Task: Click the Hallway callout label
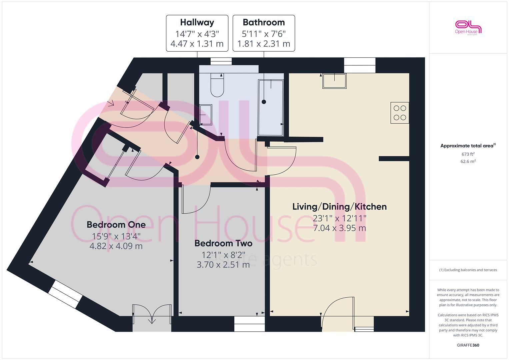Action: tap(197, 22)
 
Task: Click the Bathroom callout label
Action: tap(264, 22)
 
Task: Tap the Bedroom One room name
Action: tap(116, 225)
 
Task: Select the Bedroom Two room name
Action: tap(223, 243)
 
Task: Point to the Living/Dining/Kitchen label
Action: tap(339, 207)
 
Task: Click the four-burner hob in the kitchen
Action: tap(400, 113)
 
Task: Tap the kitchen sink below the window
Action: tap(334, 81)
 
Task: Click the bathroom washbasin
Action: tap(206, 115)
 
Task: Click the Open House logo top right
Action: tap(468, 27)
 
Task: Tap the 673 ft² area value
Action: tap(468, 154)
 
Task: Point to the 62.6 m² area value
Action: tap(468, 161)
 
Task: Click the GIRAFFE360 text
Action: tap(468, 345)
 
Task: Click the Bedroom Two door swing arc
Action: tap(197, 200)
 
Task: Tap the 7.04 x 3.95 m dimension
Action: tap(339, 228)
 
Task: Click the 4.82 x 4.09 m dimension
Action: tap(116, 246)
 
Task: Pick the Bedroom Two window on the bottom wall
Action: tap(249, 323)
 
